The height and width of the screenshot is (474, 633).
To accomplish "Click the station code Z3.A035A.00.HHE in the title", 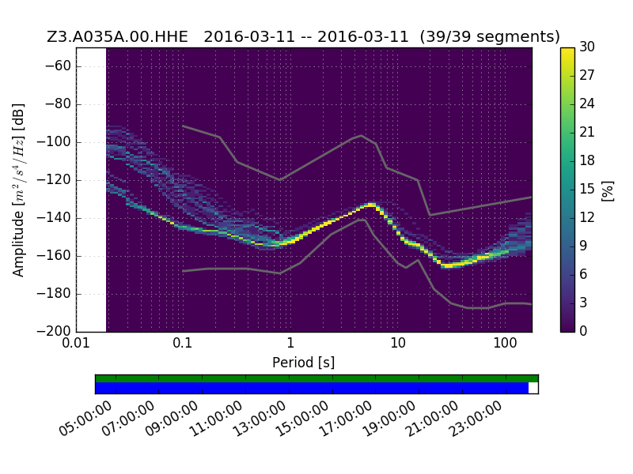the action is [117, 36].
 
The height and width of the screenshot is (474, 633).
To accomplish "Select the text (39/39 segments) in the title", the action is [490, 36].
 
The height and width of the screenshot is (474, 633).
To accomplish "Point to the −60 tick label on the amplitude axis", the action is [57, 66].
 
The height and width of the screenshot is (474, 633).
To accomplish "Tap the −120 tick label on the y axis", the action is [54, 180].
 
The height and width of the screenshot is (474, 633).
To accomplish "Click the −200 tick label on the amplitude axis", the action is [54, 331].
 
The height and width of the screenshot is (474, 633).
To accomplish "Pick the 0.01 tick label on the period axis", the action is [76, 344].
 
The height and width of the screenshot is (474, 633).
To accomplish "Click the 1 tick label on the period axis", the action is [290, 344].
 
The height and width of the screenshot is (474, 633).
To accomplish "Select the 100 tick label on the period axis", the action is [505, 344].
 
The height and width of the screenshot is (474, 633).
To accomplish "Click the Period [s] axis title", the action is [304, 363].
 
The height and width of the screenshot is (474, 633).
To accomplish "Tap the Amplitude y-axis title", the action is [18, 190].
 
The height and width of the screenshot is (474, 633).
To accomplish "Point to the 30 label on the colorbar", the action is [587, 47].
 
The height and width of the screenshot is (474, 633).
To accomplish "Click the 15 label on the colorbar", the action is [587, 189].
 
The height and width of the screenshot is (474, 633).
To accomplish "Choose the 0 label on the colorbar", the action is [583, 331].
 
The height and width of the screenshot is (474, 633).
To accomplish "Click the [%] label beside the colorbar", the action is [608, 191].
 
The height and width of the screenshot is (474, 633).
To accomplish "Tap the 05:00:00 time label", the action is [85, 419].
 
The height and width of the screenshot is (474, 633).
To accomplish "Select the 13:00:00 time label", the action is [260, 419].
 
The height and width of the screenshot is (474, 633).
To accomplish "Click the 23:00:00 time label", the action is [476, 419].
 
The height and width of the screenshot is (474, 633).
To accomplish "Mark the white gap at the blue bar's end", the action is [533, 388].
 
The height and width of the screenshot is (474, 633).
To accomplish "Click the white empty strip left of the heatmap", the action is [91, 190].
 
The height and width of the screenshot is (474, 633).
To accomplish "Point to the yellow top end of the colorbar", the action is [567, 50].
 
